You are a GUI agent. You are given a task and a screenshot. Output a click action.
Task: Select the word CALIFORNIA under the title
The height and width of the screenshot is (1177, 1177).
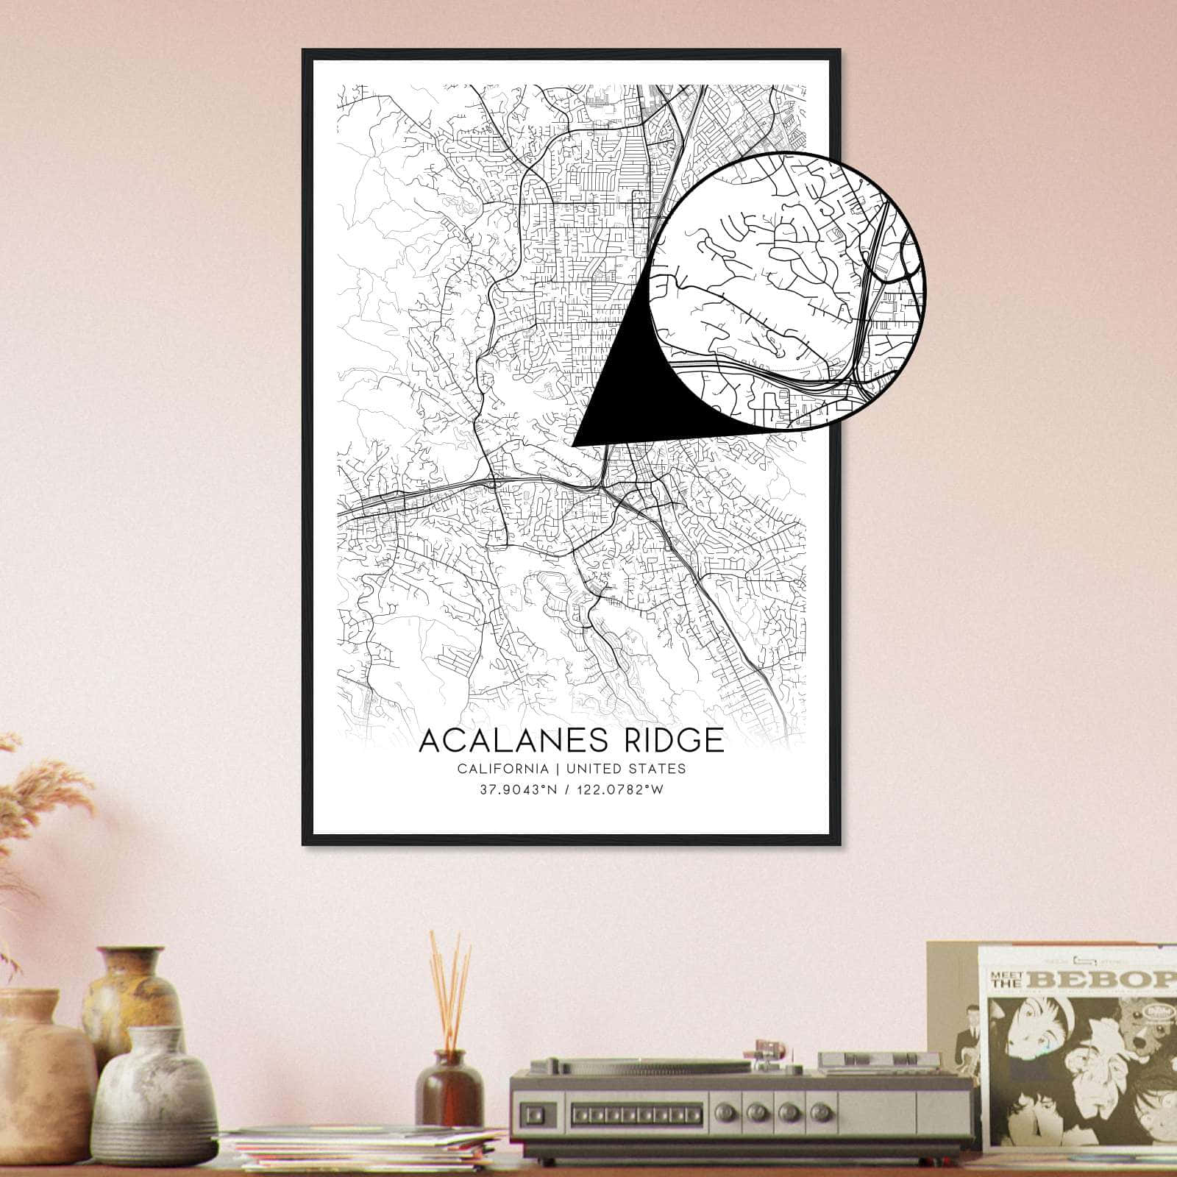pos(502,769)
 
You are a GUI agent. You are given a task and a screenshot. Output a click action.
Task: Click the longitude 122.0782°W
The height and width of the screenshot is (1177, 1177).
pos(622,789)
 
